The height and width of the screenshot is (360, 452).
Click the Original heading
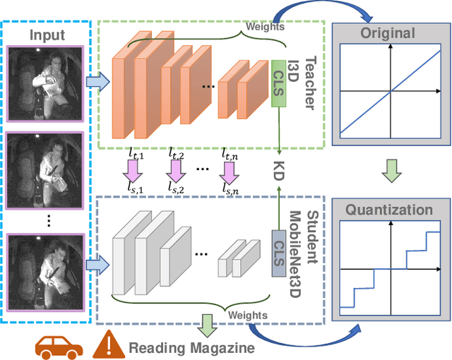coord(388,33)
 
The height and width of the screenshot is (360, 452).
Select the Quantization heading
coord(388,210)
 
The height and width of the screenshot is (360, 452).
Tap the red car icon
coord(59,345)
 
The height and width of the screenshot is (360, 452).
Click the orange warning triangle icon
coord(108,344)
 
